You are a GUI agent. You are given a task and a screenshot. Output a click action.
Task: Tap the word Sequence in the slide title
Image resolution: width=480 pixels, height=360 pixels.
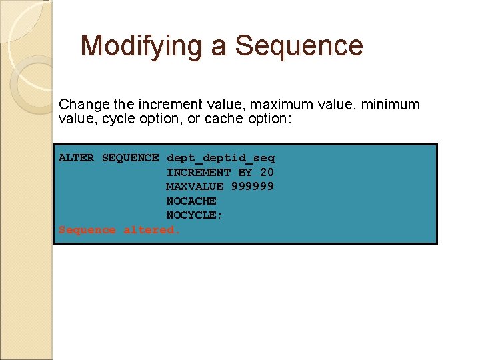click(299, 47)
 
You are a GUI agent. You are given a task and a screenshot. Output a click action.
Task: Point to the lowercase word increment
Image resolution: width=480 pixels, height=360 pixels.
click(169, 105)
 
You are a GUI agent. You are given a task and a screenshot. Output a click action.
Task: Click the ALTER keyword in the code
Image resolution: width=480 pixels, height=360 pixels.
click(76, 158)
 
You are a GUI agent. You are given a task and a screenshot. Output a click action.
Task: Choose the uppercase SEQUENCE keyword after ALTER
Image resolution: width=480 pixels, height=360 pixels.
click(130, 158)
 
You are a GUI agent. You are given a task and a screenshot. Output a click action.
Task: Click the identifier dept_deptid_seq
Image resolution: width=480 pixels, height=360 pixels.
click(220, 158)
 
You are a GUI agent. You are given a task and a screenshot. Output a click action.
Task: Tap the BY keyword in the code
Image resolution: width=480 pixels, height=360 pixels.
click(245, 173)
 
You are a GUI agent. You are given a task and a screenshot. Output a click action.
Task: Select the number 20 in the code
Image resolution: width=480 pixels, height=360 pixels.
click(267, 173)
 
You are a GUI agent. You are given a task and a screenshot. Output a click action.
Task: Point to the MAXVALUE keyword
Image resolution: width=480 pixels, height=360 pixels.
click(195, 187)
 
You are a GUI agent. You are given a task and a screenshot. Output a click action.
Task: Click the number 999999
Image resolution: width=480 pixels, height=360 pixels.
click(252, 187)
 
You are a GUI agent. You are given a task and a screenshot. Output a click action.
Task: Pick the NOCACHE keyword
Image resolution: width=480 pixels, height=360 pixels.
click(191, 201)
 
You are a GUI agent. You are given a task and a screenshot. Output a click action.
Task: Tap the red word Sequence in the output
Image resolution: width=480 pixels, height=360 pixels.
click(87, 230)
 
